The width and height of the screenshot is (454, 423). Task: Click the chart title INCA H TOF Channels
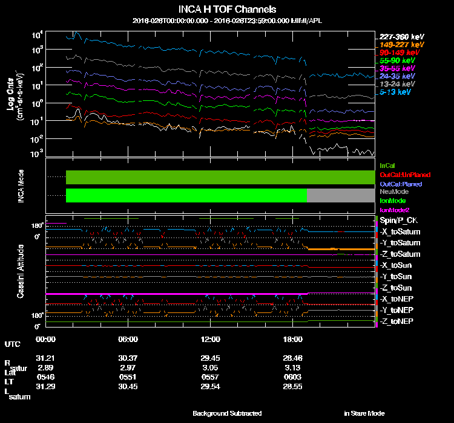228,9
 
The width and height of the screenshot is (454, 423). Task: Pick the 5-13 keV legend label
396,92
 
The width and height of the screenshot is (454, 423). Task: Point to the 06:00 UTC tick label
128,339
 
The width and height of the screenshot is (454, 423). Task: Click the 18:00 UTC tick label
292,339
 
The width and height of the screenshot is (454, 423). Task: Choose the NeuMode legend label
393,192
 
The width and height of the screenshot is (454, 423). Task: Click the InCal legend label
387,165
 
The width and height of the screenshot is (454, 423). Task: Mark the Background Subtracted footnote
227,413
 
